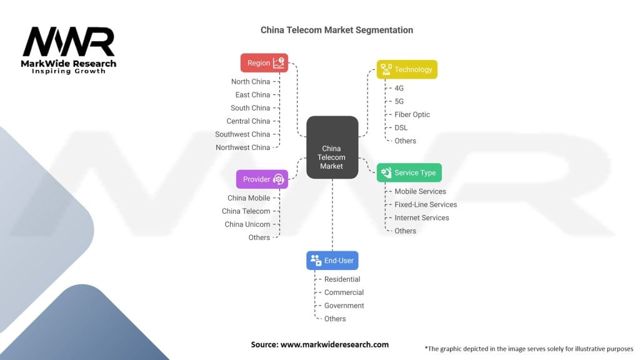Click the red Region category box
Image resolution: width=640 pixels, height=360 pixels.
pyautogui.click(x=264, y=63)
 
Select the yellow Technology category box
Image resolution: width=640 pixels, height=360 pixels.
pyautogui.click(x=407, y=69)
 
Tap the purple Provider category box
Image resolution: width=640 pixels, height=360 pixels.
pyautogui.click(x=262, y=179)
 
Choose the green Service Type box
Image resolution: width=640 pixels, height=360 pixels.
pyautogui.click(x=409, y=172)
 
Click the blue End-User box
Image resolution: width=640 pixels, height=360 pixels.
pyautogui.click(x=332, y=261)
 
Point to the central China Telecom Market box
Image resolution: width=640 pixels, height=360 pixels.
pyautogui.click(x=332, y=147)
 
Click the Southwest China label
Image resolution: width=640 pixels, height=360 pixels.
pyautogui.click(x=242, y=134)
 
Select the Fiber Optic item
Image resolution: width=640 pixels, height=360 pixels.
pyautogui.click(x=412, y=115)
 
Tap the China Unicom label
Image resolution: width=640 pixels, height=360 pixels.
pyautogui.click(x=247, y=224)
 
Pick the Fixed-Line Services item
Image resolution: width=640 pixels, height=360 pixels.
pyautogui.click(x=426, y=204)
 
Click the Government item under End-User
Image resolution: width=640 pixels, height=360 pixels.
pyautogui.click(x=344, y=306)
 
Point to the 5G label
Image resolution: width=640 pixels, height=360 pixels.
pyautogui.click(x=399, y=101)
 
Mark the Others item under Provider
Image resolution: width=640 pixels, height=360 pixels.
pyautogui.click(x=259, y=237)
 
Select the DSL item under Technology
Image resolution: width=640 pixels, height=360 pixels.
pyautogui.click(x=401, y=127)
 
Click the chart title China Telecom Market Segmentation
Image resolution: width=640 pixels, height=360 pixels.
pyautogui.click(x=337, y=30)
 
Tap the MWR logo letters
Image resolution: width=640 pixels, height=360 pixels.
pyautogui.click(x=69, y=42)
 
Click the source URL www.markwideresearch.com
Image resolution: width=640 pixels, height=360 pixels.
pyautogui.click(x=334, y=344)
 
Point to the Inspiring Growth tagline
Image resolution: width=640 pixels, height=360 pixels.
pyautogui.click(x=69, y=71)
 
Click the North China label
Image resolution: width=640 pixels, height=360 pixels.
pyautogui.click(x=251, y=82)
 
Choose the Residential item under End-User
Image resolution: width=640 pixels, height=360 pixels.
pyautogui.click(x=342, y=279)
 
